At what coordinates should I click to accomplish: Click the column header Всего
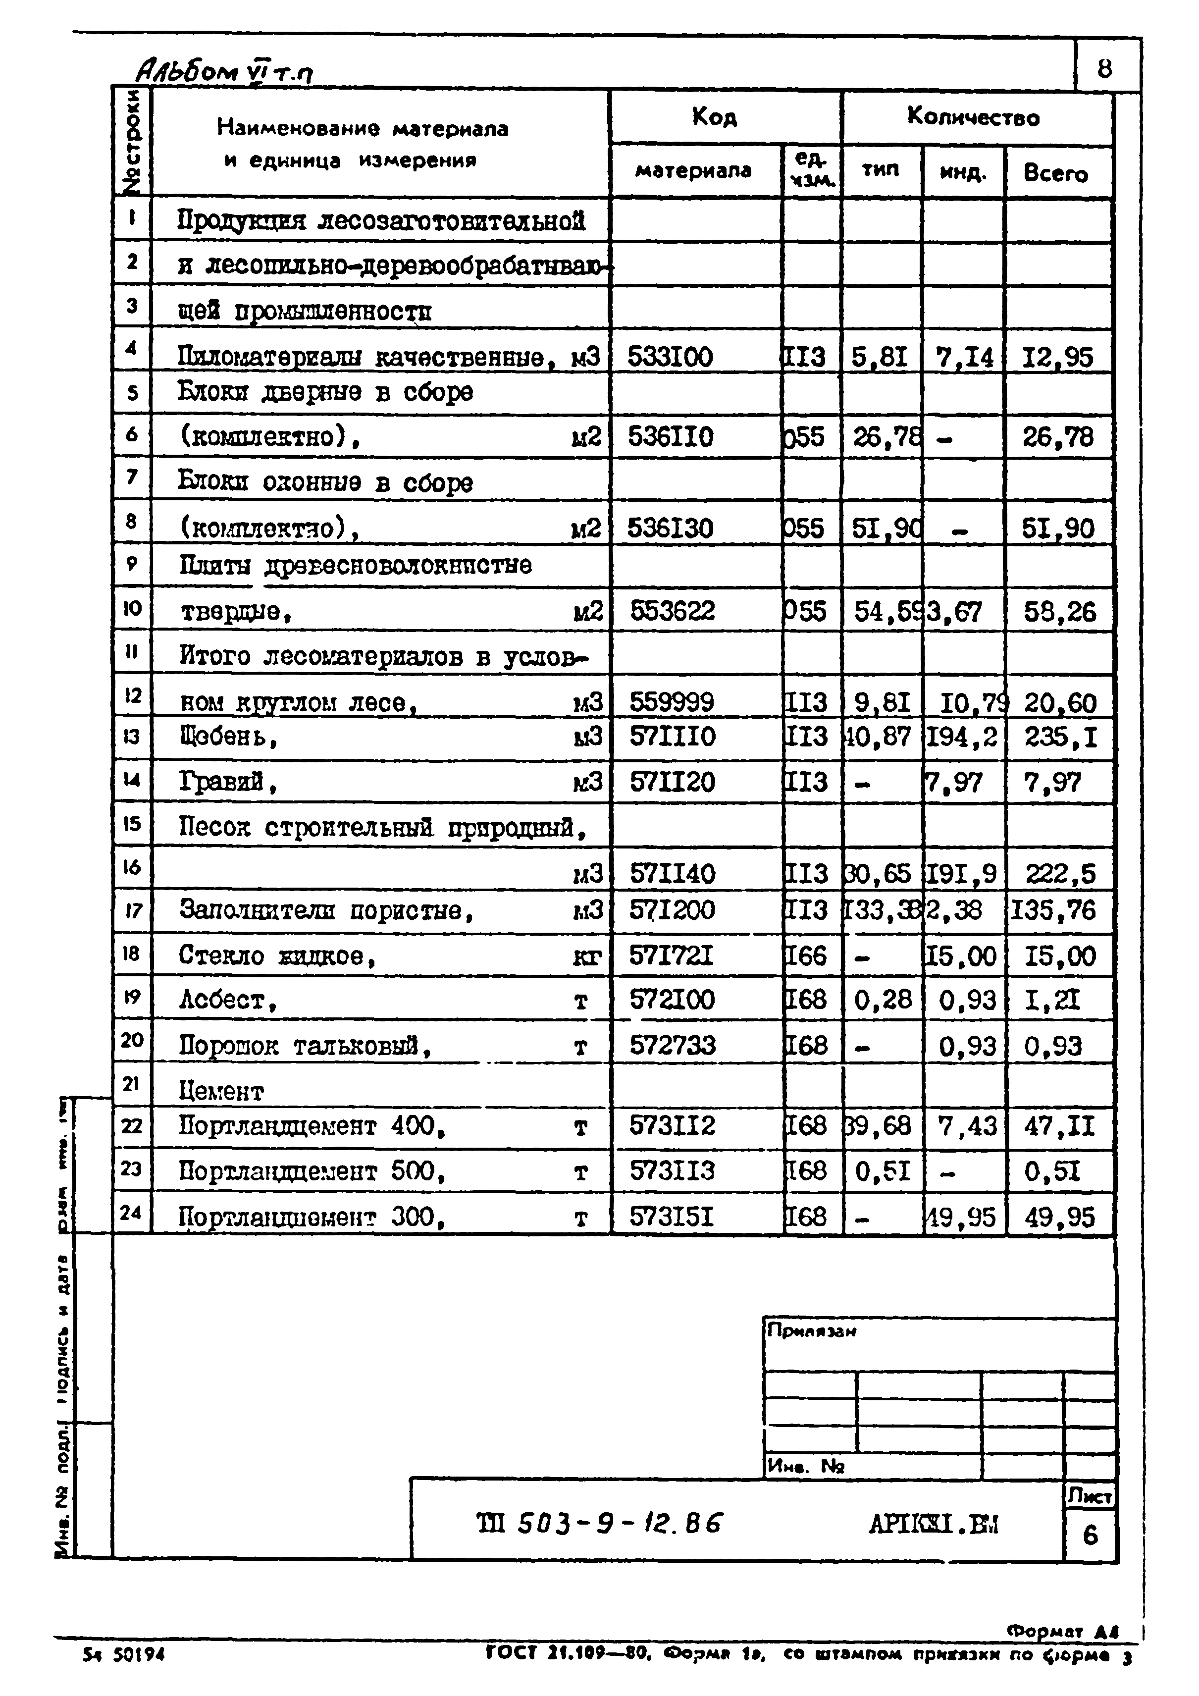[1056, 173]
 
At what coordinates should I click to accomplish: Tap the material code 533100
[670, 358]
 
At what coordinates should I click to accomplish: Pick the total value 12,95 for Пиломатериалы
[1058, 358]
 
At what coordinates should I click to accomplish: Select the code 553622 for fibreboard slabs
[672, 611]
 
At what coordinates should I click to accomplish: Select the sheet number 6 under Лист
[1090, 1536]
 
